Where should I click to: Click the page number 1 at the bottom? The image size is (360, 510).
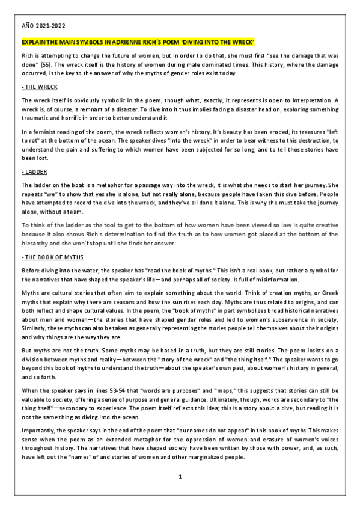(x=180, y=476)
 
